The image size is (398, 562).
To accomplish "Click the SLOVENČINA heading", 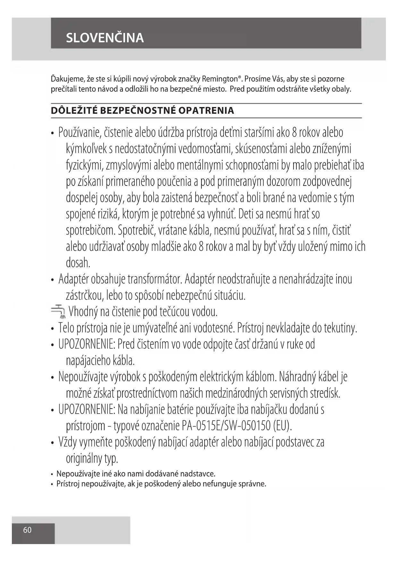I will point(105,38).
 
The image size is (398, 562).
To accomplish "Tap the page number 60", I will point(27,530).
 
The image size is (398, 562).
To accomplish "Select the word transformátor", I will point(155,279).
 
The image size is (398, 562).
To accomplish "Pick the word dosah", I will point(78,263).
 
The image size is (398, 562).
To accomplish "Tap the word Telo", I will point(66,328).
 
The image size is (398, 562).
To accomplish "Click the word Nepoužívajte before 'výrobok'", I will point(83,377).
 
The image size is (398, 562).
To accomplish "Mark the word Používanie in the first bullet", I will point(80,132).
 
